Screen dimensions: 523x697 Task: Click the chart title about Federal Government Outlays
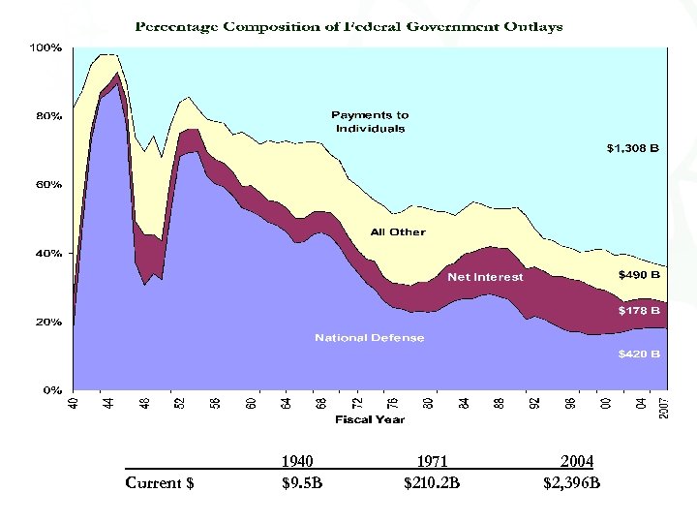[348, 26]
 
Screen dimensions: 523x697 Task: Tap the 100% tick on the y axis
[46, 46]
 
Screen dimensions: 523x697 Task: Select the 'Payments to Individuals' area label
[370, 122]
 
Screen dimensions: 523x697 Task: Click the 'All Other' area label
[398, 232]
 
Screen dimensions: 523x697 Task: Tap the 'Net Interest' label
[485, 277]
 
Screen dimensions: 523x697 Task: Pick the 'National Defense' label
[369, 338]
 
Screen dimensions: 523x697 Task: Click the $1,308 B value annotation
[633, 149]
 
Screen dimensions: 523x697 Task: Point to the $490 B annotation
[640, 274]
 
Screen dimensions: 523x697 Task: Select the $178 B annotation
[640, 311]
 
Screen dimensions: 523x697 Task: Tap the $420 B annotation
[640, 354]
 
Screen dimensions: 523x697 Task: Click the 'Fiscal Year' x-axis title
[370, 419]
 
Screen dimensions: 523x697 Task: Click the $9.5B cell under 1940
[302, 482]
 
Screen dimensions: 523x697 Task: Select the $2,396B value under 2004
[572, 482]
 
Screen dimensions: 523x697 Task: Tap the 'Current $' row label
[160, 482]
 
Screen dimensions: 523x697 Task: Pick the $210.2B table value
[432, 482]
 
